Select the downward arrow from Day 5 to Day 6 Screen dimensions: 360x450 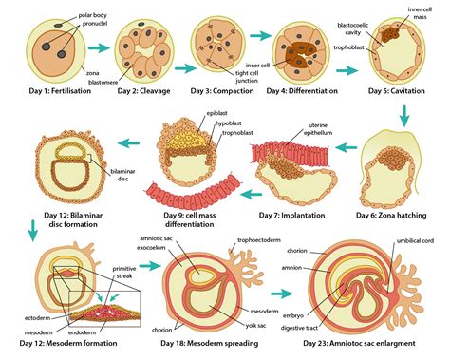(403, 115)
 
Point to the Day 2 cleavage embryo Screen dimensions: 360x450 (143, 48)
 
